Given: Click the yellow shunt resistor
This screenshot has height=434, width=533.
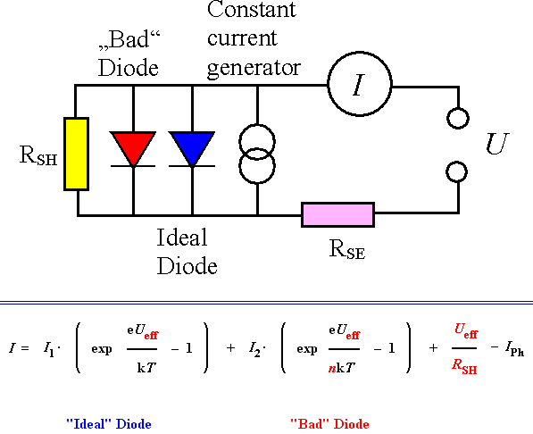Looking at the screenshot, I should click(x=77, y=154).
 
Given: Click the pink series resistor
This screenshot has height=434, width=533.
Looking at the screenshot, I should click(x=337, y=214).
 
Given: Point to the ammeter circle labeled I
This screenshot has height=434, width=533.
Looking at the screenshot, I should click(x=359, y=85).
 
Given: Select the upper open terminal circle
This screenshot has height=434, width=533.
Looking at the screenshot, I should click(x=458, y=118).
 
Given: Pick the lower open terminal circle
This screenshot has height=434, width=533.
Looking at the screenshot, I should click(x=458, y=171).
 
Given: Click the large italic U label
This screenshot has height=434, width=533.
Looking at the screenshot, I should click(x=496, y=144).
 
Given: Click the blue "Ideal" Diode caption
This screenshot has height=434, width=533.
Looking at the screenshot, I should click(x=114, y=423).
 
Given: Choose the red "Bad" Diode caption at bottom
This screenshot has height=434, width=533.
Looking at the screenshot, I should click(x=329, y=423).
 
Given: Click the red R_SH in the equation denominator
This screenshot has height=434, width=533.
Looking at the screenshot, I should click(x=462, y=365).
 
